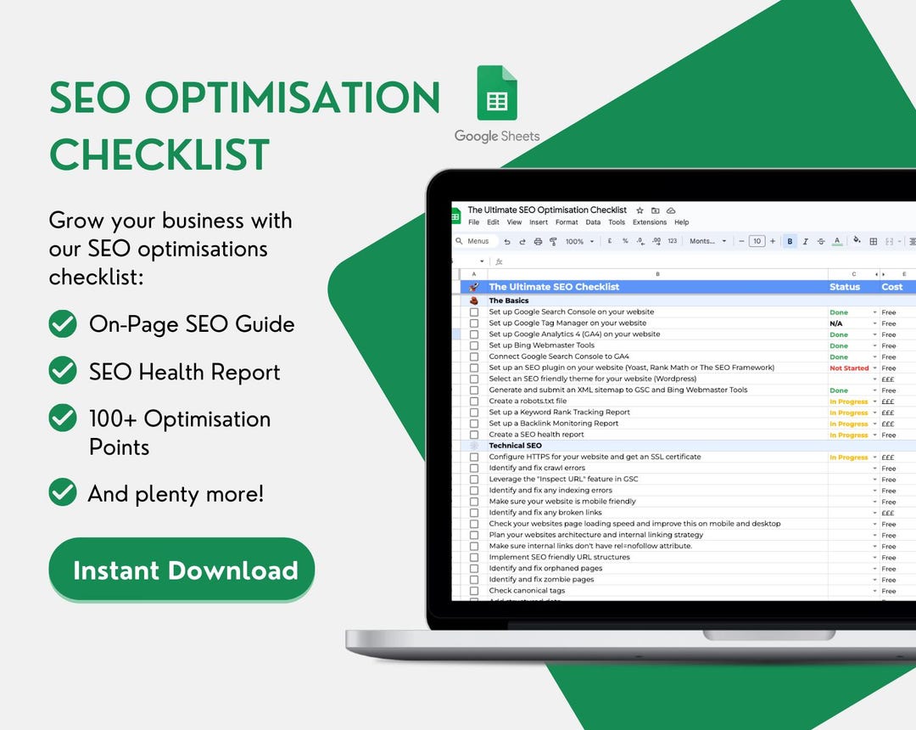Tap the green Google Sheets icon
497,93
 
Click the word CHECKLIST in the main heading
159,154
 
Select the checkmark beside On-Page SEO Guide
63,324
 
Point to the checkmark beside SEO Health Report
63,371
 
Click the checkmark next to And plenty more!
63,492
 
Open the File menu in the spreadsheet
473,222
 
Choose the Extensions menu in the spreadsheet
650,222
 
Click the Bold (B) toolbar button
790,242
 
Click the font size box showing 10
757,242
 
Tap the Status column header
845,287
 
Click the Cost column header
892,287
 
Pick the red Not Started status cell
849,368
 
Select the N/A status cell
836,323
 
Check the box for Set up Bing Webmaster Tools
474,345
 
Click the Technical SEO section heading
515,446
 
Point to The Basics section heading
509,300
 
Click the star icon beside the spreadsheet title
640,211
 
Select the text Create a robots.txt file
528,401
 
